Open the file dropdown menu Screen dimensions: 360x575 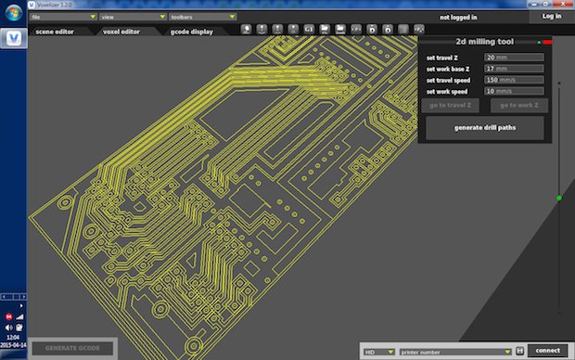[62, 17]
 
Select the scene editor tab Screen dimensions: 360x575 [57, 32]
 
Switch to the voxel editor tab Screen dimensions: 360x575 [121, 32]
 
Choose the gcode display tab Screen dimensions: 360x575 [191, 32]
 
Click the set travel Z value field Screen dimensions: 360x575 [513, 58]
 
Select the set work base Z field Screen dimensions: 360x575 [513, 69]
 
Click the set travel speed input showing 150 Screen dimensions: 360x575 [513, 80]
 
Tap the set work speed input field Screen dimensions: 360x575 [513, 91]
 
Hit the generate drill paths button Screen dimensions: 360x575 [484, 128]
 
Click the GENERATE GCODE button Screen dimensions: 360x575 [72, 349]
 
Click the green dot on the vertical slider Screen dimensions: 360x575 [559, 198]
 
